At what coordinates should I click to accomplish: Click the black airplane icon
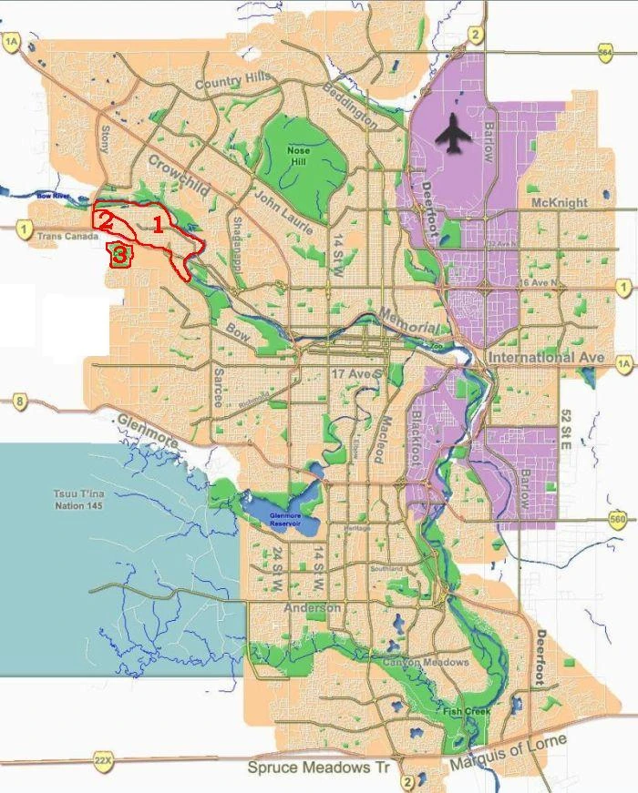(x=453, y=136)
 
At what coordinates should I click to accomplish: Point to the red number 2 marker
(x=106, y=219)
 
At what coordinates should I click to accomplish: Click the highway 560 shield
(x=617, y=520)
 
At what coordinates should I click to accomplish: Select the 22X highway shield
(x=102, y=757)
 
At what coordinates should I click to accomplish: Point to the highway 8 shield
(x=18, y=401)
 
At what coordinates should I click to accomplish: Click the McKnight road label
(x=560, y=202)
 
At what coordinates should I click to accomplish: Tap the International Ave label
(x=545, y=358)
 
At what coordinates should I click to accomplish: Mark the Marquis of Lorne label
(x=508, y=753)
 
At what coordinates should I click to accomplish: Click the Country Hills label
(x=233, y=82)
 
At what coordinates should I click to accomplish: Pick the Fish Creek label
(x=466, y=711)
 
